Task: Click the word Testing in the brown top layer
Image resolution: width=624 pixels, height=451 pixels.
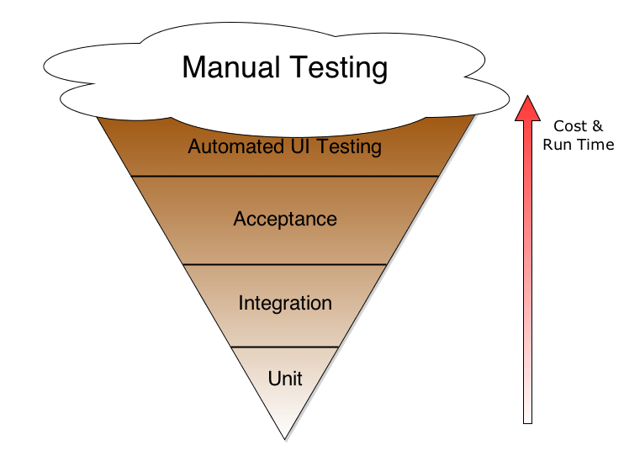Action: pos(346,148)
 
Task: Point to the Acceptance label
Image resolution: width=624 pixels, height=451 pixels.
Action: pos(285,219)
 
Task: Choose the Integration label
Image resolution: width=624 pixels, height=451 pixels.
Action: pos(285,303)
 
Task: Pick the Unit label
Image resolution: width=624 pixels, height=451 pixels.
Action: pos(285,378)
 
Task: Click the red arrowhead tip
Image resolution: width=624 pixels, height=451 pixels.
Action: pos(527,99)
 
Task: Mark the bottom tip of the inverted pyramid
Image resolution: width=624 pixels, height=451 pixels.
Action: pos(285,438)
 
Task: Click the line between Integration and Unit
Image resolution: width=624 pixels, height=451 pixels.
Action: pos(285,347)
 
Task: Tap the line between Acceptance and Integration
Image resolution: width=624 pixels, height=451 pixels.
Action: pos(285,264)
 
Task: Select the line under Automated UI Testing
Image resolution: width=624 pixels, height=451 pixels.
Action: pos(285,176)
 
